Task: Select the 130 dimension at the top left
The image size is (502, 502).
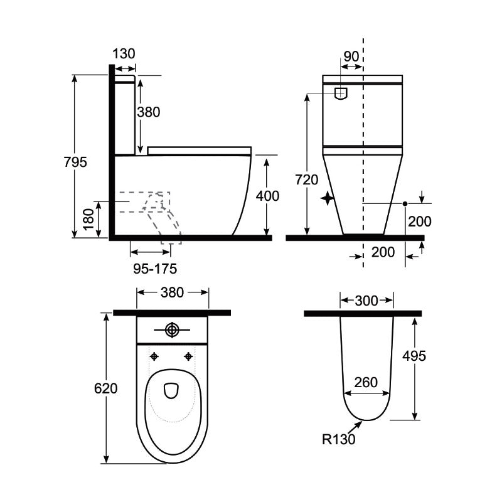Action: click(124, 53)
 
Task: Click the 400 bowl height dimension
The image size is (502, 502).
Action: click(268, 196)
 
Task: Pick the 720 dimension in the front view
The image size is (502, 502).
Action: click(307, 180)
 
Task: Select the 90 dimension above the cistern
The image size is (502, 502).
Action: click(351, 56)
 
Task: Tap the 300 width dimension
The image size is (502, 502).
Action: click(367, 301)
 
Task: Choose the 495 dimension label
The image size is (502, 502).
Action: click(414, 356)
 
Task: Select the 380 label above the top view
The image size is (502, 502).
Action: click(172, 292)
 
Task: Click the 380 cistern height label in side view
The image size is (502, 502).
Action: click(148, 112)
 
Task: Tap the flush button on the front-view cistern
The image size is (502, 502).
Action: click(341, 93)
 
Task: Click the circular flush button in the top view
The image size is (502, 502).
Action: click(172, 329)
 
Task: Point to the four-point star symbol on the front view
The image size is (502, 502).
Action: click(327, 198)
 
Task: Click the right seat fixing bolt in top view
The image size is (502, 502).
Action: click(188, 356)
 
